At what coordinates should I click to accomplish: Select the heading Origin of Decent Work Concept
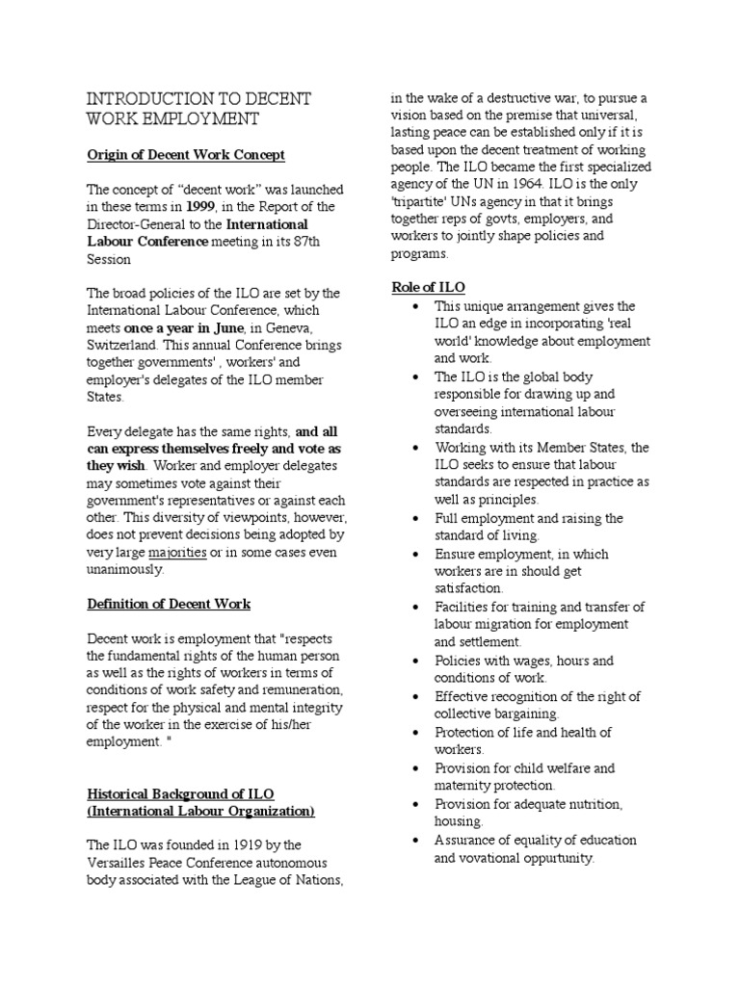tap(186, 155)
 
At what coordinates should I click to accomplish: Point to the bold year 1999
tap(201, 206)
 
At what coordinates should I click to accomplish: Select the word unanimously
tap(125, 569)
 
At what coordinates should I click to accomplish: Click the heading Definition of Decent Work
tap(169, 604)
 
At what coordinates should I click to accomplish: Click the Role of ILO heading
tap(428, 288)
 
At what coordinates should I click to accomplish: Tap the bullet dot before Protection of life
tap(414, 732)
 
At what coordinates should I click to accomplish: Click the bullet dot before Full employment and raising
tap(414, 518)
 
